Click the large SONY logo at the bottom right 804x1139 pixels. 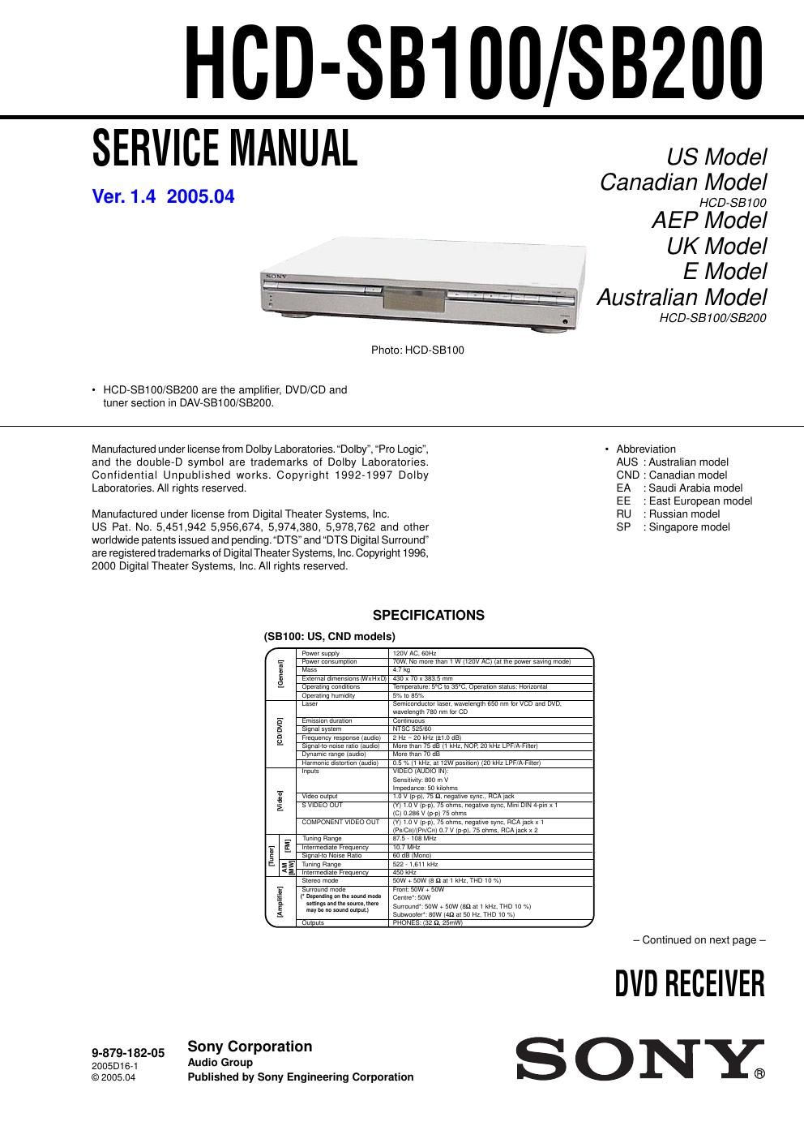640,1059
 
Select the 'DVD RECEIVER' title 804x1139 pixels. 689,983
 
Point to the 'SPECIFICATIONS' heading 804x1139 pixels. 428,615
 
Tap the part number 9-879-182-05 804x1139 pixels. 128,1053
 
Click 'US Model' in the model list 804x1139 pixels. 716,157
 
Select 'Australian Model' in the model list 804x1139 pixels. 681,297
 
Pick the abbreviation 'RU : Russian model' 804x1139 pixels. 668,514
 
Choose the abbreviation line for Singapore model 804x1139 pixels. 673,527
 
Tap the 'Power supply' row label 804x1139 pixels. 321,653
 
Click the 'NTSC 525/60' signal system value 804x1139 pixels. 412,729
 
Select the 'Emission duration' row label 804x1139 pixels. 327,720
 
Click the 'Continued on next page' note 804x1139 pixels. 699,940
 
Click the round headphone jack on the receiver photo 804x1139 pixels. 565,322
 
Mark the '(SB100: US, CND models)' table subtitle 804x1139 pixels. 329,637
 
